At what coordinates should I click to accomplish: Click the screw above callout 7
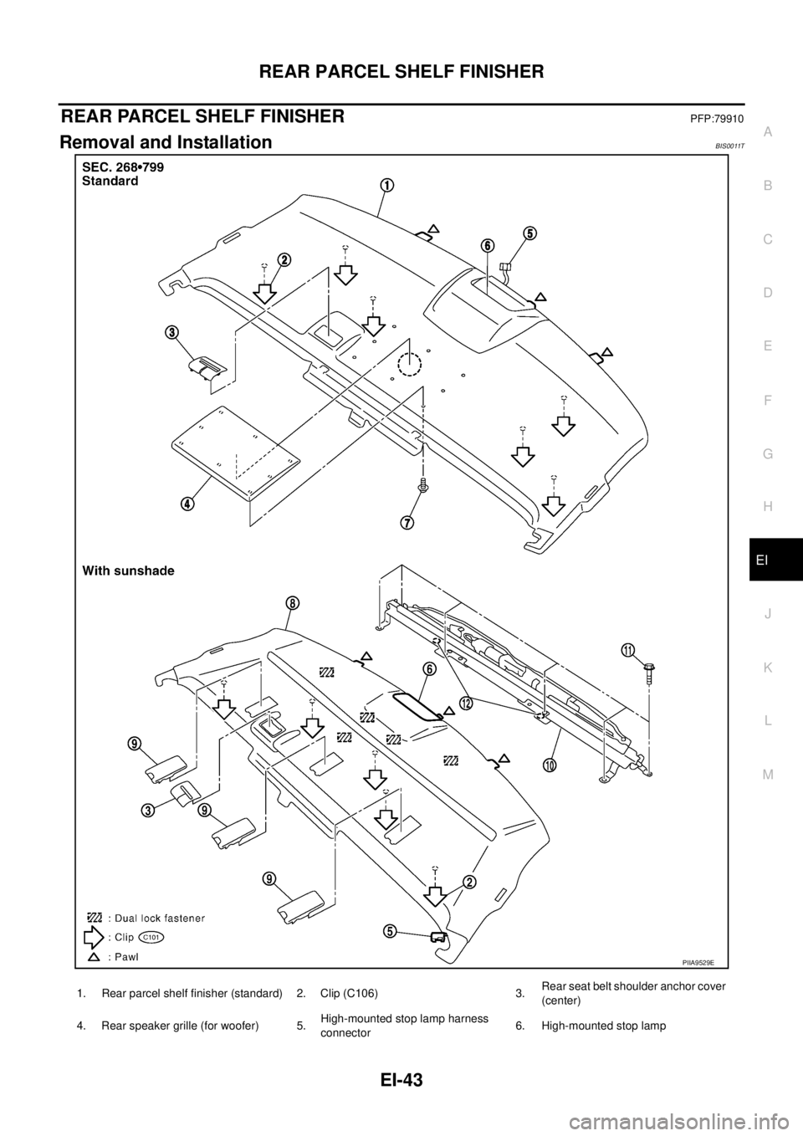pos(424,484)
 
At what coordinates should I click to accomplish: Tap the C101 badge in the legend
pos(152,938)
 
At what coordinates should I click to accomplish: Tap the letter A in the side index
pos(767,131)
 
